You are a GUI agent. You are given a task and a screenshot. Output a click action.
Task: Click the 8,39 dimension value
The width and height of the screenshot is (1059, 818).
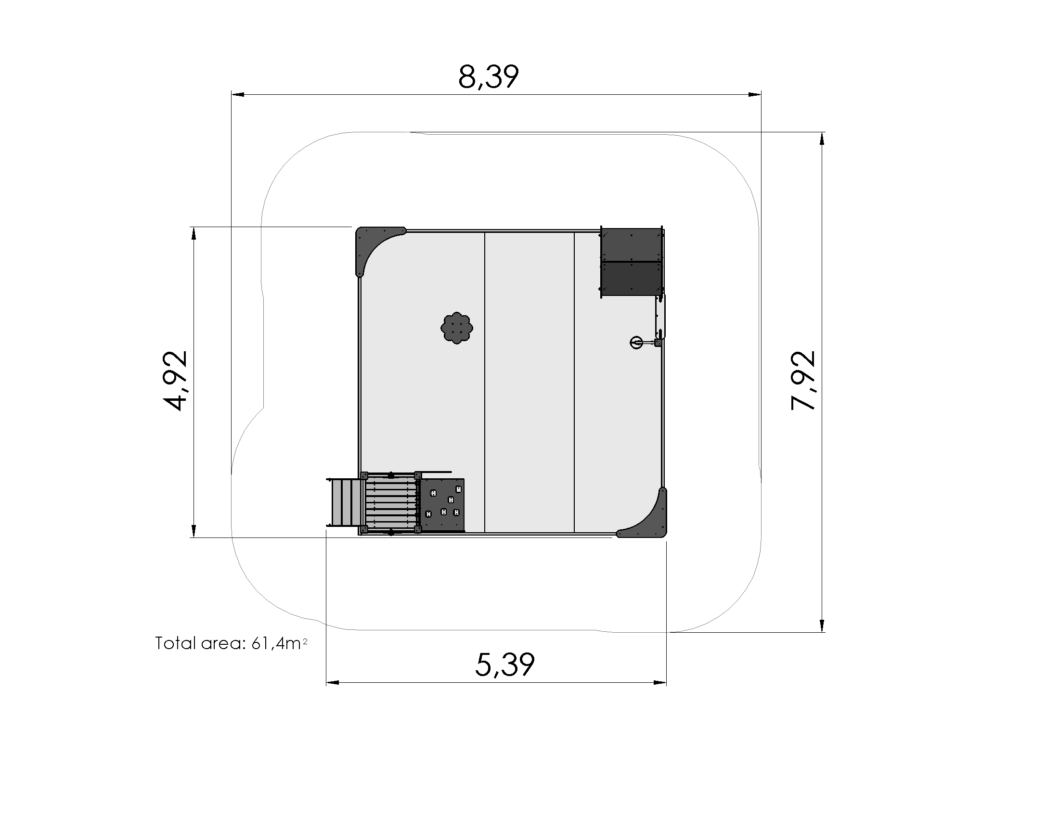pos(488,77)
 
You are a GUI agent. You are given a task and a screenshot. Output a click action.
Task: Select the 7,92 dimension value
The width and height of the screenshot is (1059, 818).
pos(803,381)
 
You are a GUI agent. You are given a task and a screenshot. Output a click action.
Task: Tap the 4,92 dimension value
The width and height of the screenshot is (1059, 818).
pos(175,381)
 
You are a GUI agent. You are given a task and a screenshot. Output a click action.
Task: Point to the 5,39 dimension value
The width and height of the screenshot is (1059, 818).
pos(505,665)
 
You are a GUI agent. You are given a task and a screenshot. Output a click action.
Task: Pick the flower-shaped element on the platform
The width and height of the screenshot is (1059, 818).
pos(457,328)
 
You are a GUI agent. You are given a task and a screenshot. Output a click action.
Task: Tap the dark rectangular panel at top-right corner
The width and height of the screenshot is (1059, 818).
pos(632,261)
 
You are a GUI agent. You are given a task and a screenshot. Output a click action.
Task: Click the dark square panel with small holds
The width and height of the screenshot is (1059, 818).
pos(442,505)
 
